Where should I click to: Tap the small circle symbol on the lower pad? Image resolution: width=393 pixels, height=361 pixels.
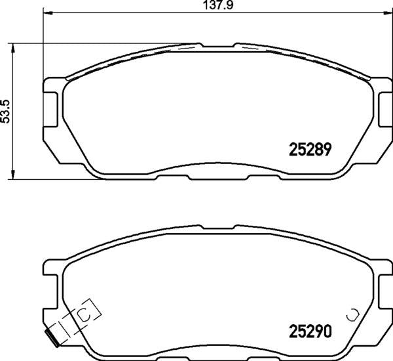353,314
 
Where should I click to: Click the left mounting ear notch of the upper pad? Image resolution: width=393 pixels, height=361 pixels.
49,108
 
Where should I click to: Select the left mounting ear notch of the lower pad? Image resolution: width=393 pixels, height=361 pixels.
49,289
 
